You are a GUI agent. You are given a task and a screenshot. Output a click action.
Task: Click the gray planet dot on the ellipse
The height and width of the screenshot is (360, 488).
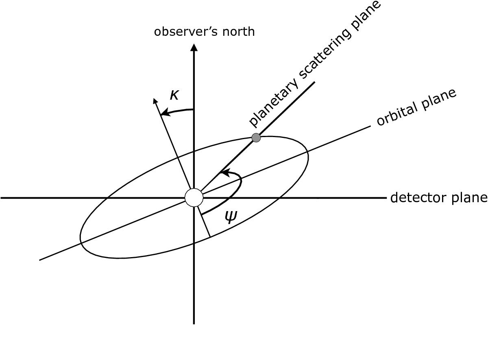tap(256, 138)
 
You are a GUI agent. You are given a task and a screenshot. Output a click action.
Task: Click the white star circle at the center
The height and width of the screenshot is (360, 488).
tap(194, 198)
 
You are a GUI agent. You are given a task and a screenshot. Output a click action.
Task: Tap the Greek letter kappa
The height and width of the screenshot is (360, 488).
tap(174, 95)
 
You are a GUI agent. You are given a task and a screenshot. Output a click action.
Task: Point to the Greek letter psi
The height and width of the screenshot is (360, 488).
tap(231, 217)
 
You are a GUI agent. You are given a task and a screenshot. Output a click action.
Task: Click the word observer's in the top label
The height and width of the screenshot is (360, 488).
tap(186, 32)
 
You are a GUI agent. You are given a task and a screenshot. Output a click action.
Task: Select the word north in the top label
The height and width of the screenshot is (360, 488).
tap(239, 32)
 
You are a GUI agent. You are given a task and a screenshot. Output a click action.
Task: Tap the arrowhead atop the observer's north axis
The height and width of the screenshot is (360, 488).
tap(194, 47)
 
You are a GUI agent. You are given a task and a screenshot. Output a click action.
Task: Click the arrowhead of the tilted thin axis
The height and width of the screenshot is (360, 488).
tap(155, 101)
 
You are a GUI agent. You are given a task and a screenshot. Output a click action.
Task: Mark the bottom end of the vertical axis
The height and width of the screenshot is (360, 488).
tap(194, 324)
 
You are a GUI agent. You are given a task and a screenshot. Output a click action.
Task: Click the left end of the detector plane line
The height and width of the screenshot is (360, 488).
tap(1, 198)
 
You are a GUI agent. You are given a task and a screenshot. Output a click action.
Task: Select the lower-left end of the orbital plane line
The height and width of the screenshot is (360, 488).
tap(40, 260)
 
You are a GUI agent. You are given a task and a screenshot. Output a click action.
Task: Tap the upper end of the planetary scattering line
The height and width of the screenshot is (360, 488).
tap(315, 82)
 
